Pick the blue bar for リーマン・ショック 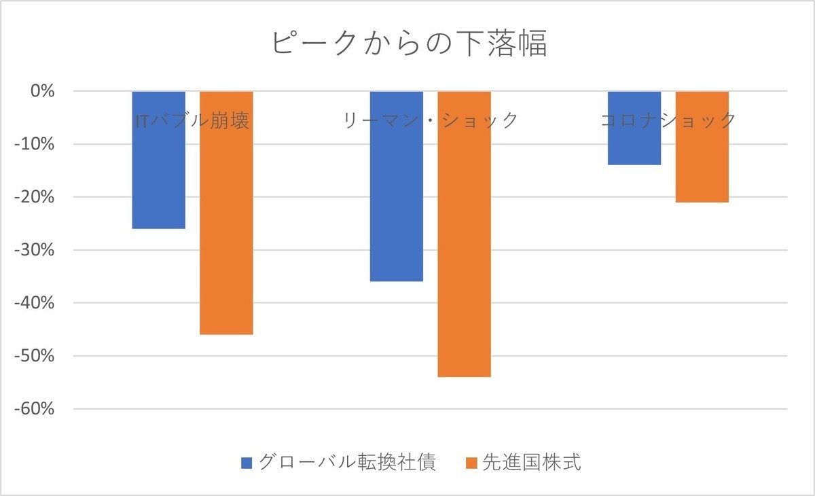(396, 197)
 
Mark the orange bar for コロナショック (702, 163)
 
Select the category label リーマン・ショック (431, 121)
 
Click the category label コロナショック (668, 121)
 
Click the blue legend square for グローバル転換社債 (247, 463)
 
